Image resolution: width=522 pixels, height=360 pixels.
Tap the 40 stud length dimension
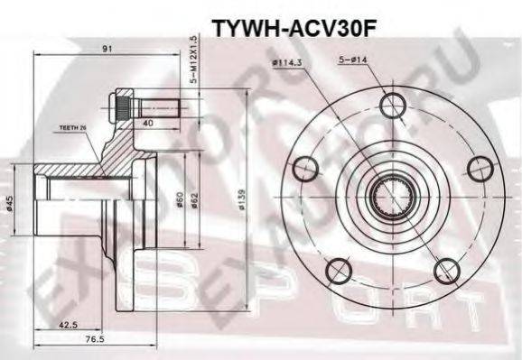pyautogui.click(x=146, y=123)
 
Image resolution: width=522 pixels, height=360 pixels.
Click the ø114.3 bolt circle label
pyautogui.click(x=286, y=64)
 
